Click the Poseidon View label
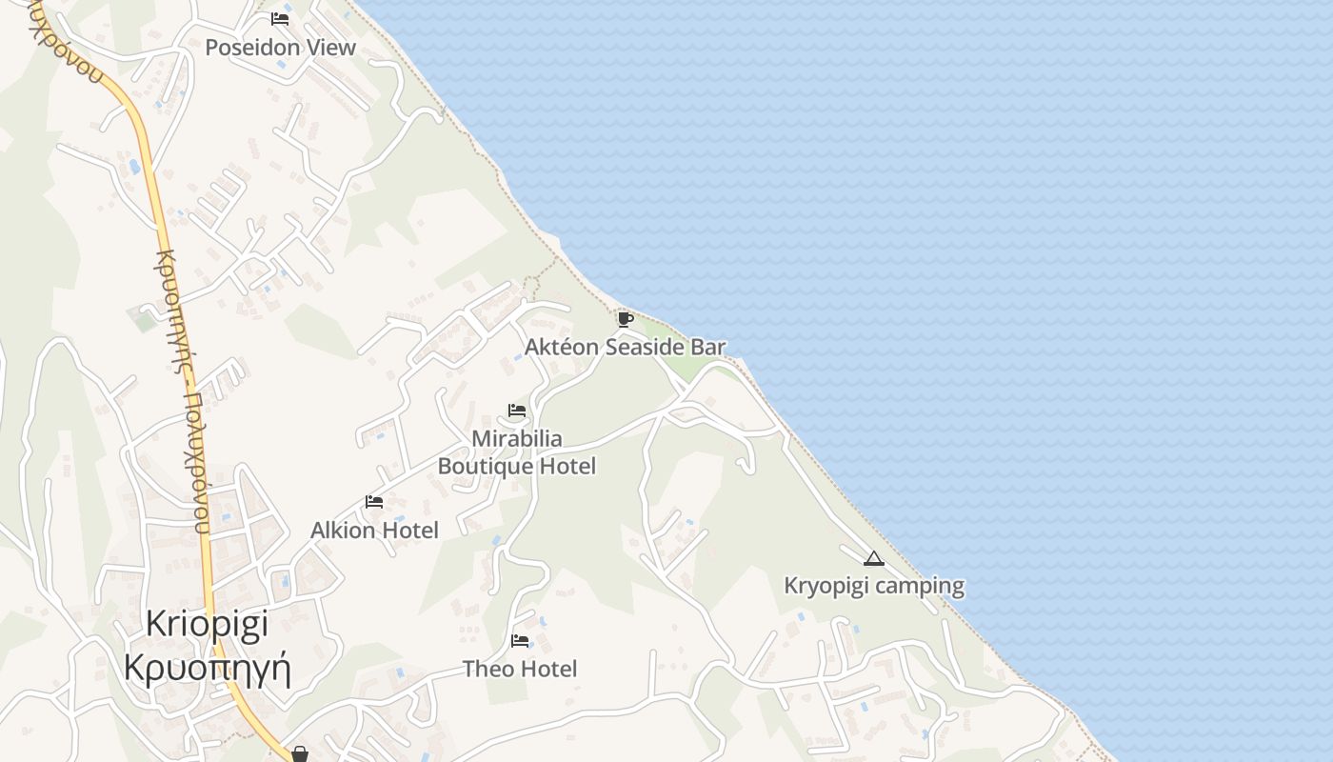[280, 47]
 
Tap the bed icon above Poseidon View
[280, 18]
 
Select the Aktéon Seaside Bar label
[625, 347]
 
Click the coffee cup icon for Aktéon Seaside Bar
[625, 319]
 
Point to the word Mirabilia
[517, 439]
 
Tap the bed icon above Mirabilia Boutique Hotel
[517, 411]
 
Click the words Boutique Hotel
[517, 466]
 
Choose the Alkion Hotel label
[374, 530]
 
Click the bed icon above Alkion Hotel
[374, 502]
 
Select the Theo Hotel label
[520, 669]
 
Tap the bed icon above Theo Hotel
[520, 641]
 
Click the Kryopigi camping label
[874, 586]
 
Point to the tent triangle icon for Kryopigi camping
[874, 558]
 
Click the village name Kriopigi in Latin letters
[208, 624]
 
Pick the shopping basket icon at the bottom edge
[300, 754]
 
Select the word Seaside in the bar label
[646, 347]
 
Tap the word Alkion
[343, 530]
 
